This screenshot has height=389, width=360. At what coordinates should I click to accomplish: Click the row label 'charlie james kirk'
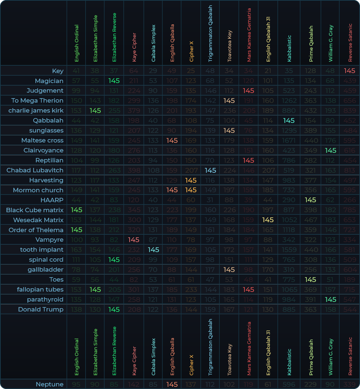(36, 110)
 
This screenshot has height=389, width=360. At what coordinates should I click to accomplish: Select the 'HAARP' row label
(52, 200)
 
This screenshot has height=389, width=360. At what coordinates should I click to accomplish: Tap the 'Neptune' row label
(49, 384)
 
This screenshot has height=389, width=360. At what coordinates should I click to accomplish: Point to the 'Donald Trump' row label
(41, 309)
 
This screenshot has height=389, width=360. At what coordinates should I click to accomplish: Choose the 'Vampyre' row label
(49, 240)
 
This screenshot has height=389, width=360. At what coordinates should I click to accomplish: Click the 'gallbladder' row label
(45, 269)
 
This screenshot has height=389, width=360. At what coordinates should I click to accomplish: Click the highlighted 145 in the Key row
(349, 71)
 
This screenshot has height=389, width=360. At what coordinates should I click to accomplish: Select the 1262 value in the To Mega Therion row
(289, 100)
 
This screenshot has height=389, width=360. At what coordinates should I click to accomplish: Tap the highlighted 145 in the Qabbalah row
(289, 120)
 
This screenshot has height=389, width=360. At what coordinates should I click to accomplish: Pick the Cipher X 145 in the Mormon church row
(191, 190)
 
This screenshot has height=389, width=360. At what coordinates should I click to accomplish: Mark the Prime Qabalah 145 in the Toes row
(311, 279)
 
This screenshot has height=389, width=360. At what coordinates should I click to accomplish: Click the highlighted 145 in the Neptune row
(172, 384)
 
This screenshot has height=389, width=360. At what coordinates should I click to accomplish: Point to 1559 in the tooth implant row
(289, 250)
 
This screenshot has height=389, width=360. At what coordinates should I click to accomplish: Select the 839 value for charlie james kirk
(349, 110)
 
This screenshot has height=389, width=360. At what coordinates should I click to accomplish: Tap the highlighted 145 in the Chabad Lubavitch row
(210, 170)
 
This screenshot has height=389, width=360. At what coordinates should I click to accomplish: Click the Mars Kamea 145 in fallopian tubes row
(248, 289)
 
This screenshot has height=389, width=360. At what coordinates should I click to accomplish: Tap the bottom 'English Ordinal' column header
(77, 357)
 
